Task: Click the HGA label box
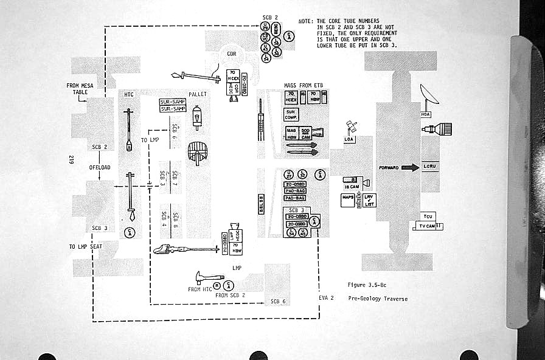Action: pyautogui.click(x=426, y=114)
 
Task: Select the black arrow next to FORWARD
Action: pyautogui.click(x=410, y=167)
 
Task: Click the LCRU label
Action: pyautogui.click(x=429, y=166)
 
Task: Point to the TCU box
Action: pyautogui.click(x=427, y=216)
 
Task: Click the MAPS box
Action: pyautogui.click(x=348, y=197)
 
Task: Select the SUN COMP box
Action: pyautogui.click(x=291, y=114)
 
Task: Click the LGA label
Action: pyautogui.click(x=349, y=139)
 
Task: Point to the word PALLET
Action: pyautogui.click(x=198, y=95)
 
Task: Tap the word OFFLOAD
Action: pyautogui.click(x=99, y=167)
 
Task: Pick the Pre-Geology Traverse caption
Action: pyautogui.click(x=378, y=299)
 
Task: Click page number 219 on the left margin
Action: pyautogui.click(x=72, y=161)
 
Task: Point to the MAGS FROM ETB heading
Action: pyautogui.click(x=303, y=85)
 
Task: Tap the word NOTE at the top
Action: pyautogui.click(x=305, y=21)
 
